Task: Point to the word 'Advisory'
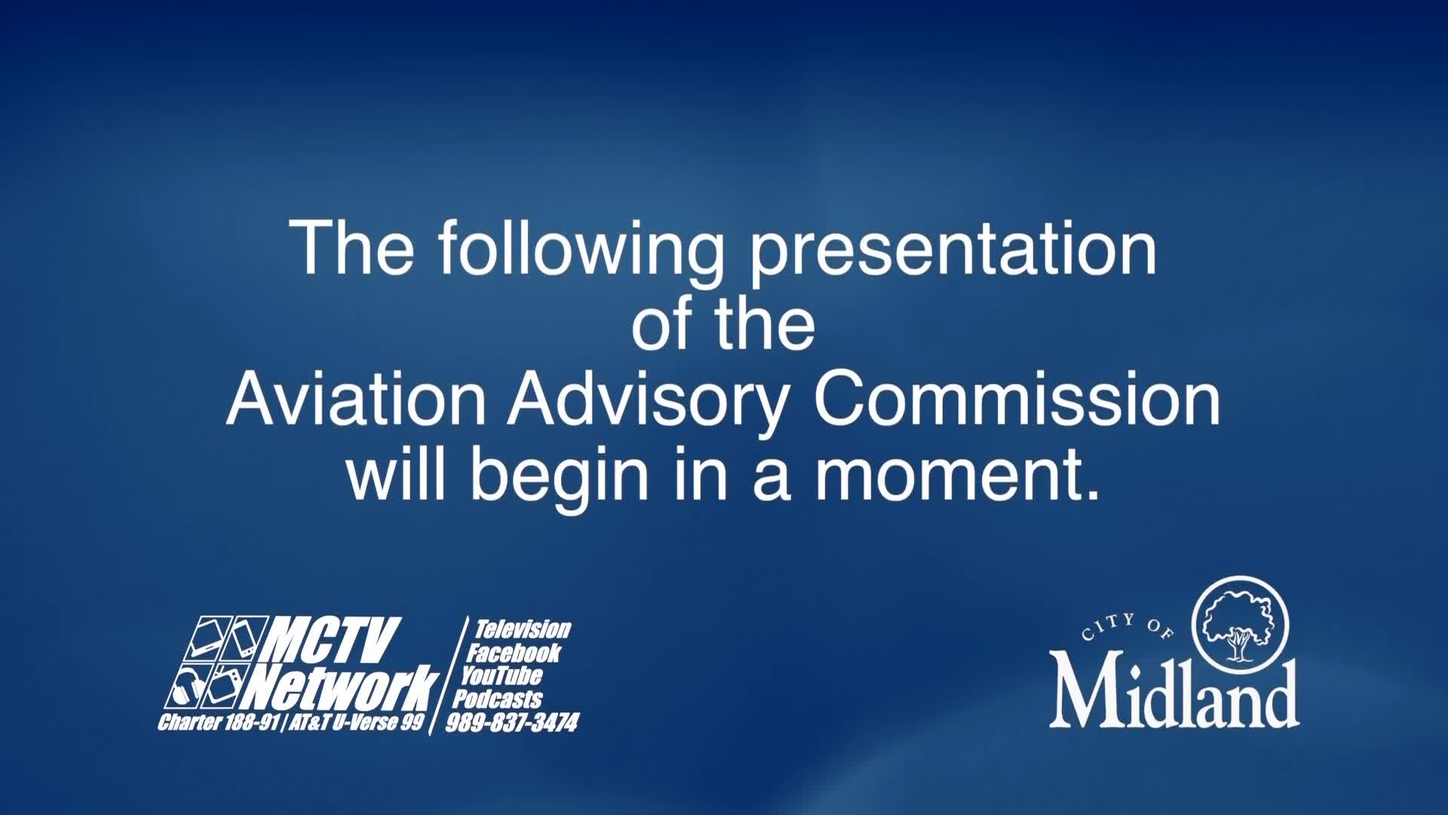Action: tap(647, 401)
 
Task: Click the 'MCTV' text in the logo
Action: tap(332, 640)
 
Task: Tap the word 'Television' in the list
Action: tap(522, 629)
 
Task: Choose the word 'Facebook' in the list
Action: tap(514, 653)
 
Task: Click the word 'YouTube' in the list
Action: tap(502, 675)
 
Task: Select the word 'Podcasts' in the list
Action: tap(498, 699)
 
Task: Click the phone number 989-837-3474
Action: tap(513, 723)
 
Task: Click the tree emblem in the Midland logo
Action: tap(1238, 623)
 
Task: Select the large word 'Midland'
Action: tap(1173, 693)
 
